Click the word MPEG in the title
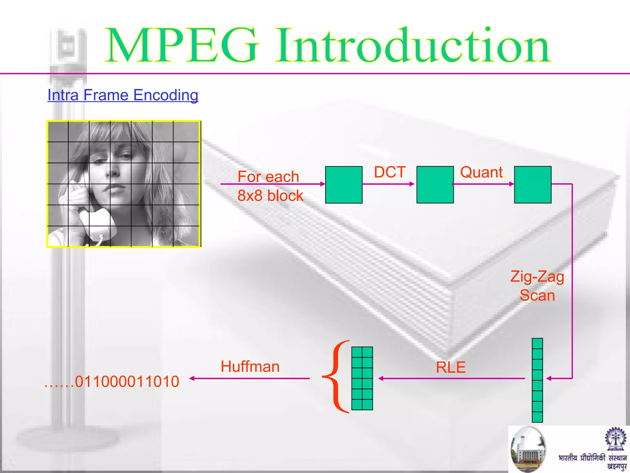pos(181,46)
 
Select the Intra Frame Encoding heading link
pos(123,95)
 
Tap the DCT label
pos(390,172)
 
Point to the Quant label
pos(482,172)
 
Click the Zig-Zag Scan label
pos(537,286)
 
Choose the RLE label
pos(451,367)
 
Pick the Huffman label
pos(250,366)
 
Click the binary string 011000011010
pos(127,382)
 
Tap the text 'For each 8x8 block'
pos(270,186)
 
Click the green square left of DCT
pos(344,185)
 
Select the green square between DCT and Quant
pos(435,185)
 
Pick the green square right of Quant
pos(533,185)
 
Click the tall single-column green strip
pos(537,380)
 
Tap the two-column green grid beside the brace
pos(362,378)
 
